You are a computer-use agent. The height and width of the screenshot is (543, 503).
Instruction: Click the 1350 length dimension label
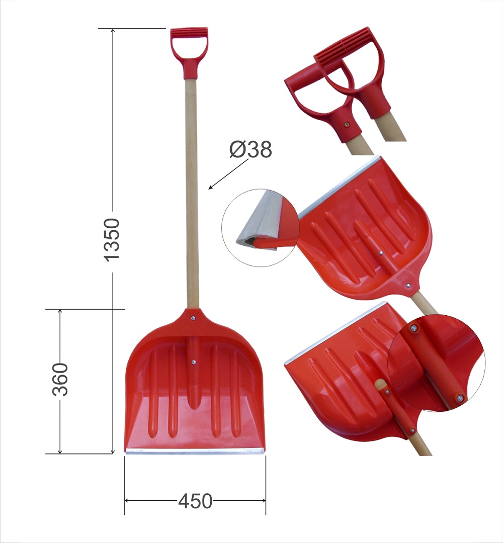click(x=113, y=239)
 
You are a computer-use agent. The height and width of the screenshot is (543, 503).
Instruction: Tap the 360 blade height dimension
click(x=60, y=379)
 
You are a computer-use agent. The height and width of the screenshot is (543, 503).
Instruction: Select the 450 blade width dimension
click(x=195, y=501)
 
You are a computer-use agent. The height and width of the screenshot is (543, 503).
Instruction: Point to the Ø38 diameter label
click(x=251, y=150)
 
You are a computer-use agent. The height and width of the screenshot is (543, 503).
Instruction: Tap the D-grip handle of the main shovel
click(x=189, y=52)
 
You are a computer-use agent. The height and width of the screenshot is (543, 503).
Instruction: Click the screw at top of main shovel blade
click(x=193, y=318)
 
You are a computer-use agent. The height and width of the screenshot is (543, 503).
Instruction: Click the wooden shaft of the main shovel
click(x=192, y=194)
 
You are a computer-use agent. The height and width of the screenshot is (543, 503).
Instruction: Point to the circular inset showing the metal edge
click(x=261, y=228)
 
